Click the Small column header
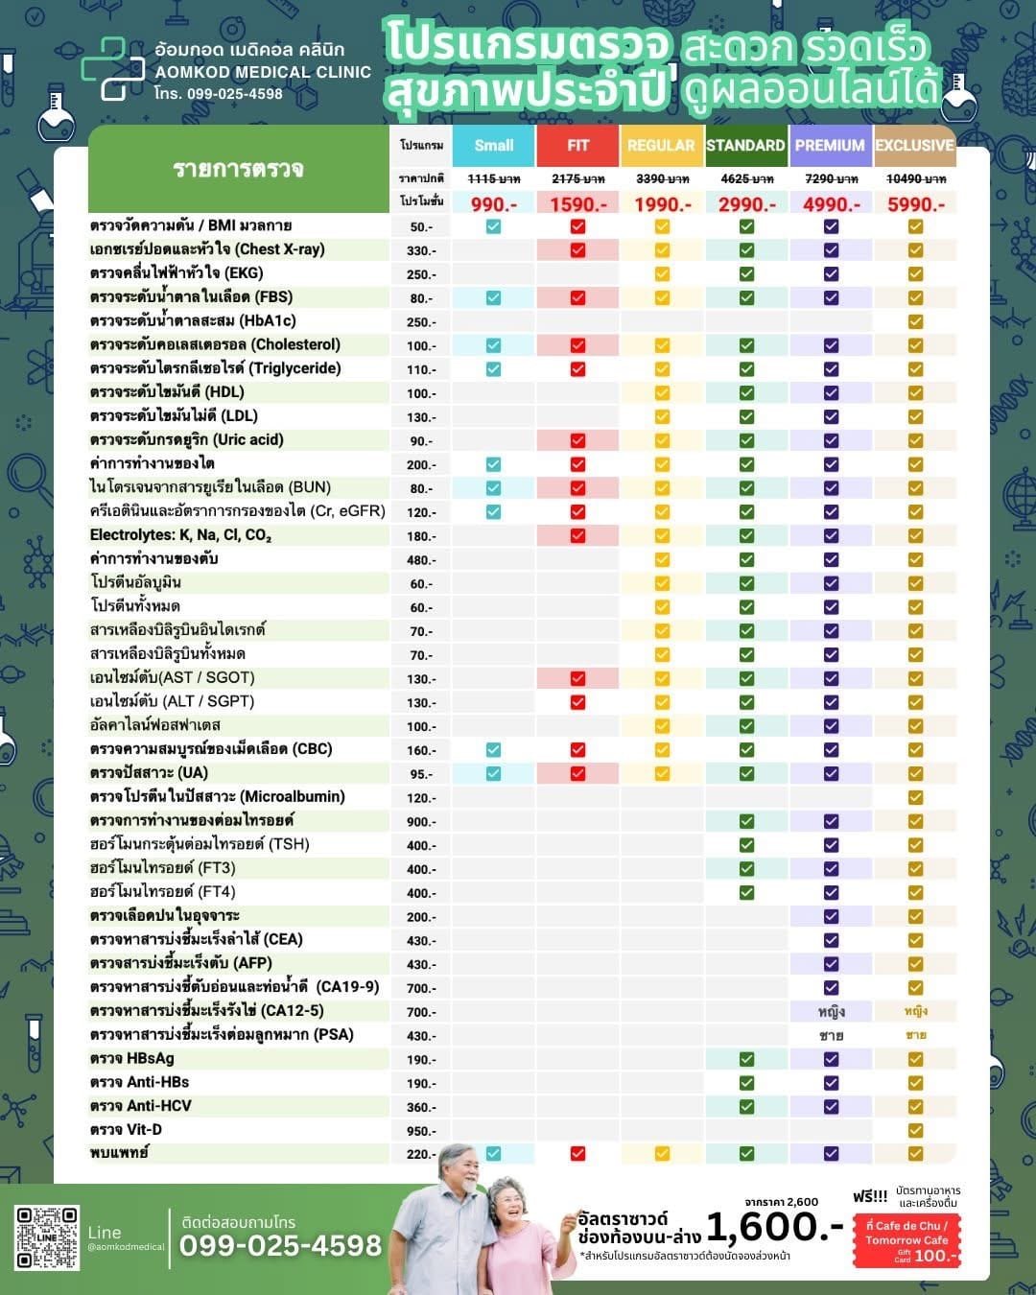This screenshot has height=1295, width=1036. pos(493,145)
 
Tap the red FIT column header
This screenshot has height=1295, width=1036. pos(577,145)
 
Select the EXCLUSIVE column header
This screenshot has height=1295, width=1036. pos(914,145)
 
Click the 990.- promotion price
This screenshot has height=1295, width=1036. pos(493,203)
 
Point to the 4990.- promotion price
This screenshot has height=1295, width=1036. pos(831,203)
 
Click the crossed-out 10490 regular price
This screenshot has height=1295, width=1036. pos(915,178)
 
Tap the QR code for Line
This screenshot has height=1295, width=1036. pos(47,1237)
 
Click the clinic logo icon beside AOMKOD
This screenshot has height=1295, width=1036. pos(112,68)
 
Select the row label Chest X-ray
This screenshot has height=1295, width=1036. pos(207,249)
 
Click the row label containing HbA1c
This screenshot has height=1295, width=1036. pos(193,320)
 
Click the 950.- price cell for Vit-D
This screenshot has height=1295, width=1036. pos(420,1131)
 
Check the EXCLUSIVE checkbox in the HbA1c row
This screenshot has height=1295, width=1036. pos(915,321)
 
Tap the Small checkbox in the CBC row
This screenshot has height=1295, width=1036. pos(493,750)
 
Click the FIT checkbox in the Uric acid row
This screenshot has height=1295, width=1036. pos(577,440)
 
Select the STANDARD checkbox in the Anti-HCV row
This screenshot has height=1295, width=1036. pos(746,1106)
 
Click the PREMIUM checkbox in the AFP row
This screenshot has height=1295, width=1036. pos(831,964)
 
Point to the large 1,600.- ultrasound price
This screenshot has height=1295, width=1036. pos(774,1226)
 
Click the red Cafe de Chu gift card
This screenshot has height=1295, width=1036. pos(906,1240)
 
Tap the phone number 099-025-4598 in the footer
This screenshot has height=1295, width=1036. pos(280,1245)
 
